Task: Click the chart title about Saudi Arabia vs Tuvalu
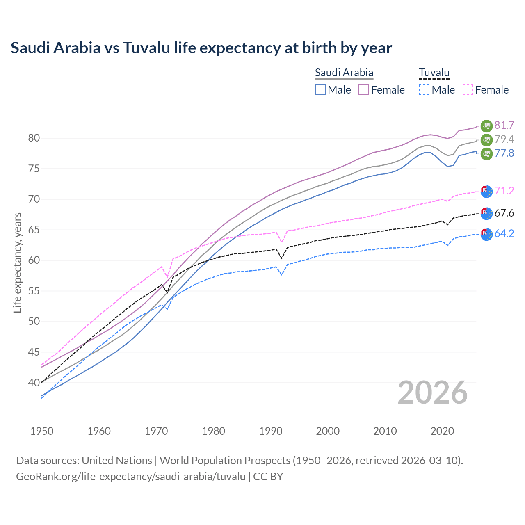[201, 48]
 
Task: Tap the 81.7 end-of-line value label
[504, 125]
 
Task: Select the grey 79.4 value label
[504, 139]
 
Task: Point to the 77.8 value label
[504, 153]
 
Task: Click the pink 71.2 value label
[504, 191]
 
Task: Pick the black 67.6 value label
[504, 213]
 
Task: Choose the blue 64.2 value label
[504, 234]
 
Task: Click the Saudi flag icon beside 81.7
[486, 126]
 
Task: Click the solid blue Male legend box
[320, 90]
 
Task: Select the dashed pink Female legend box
[468, 90]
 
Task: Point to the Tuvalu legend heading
[434, 73]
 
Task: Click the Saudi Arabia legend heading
[344, 73]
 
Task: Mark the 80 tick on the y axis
[34, 138]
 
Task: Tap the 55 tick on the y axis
[34, 291]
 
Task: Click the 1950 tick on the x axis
[42, 431]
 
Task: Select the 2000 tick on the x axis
[328, 431]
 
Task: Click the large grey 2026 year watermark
[433, 393]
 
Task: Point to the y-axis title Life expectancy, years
[18, 262]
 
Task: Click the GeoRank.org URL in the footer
[131, 477]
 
